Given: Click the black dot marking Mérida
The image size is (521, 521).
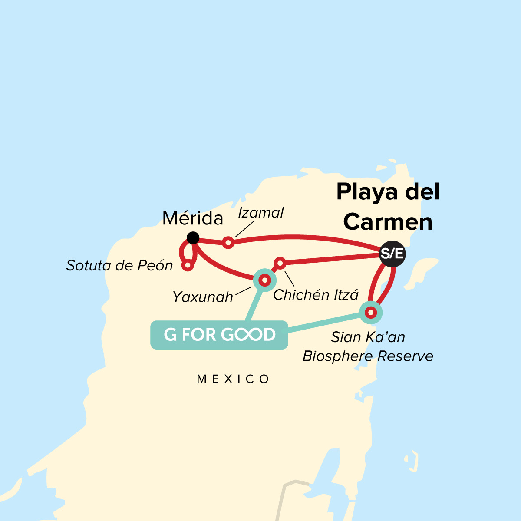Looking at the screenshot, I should point(193,238).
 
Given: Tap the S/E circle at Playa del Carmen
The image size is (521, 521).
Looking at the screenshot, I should point(392,254).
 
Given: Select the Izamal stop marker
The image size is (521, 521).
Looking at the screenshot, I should point(228,243).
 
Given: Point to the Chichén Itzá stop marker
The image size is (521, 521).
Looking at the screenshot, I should point(280,263).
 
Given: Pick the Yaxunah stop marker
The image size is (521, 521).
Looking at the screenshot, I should point(264,280).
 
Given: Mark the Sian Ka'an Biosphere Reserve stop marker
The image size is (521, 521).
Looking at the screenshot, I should point(370,312).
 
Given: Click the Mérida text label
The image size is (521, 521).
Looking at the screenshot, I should point(193,218).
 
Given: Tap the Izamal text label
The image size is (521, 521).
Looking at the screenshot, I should point(261,213).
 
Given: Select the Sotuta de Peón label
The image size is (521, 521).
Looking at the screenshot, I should point(119,265).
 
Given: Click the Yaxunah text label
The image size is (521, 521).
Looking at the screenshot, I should point(203,297).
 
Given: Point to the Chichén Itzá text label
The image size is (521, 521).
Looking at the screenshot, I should point(316,295).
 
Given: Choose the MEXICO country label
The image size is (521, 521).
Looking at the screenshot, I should point(233,379).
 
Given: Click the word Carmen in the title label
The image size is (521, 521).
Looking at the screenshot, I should point(388,222).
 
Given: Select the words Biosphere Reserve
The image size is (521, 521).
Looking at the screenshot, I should point(368,356).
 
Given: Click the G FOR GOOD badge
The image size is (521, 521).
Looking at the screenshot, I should point(219,335).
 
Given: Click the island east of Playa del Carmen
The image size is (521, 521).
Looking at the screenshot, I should point(422,271).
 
